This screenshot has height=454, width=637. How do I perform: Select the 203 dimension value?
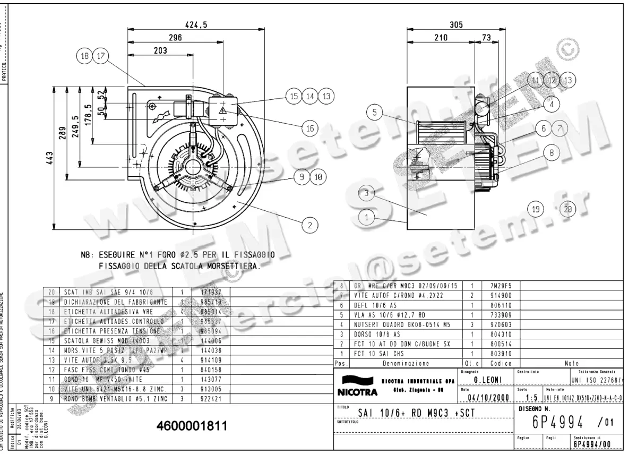[x=160, y=50]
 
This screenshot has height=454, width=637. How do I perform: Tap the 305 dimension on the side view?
[x=456, y=24]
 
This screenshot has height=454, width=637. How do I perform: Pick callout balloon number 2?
[x=309, y=225]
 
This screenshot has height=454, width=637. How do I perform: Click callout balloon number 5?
[x=375, y=113]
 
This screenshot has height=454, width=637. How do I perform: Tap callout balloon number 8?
[x=552, y=152]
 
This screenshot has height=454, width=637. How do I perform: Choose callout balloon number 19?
[x=536, y=209]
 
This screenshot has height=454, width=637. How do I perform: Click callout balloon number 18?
[x=84, y=55]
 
